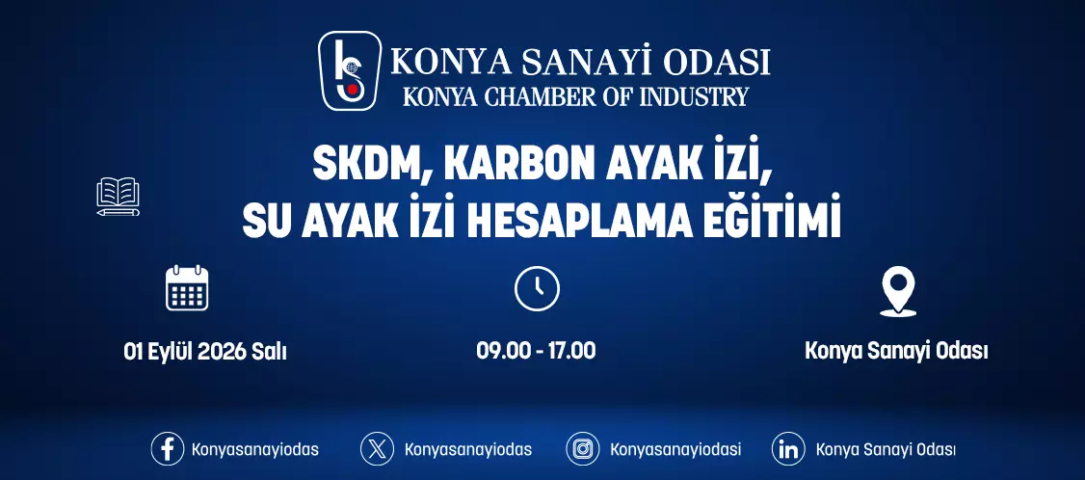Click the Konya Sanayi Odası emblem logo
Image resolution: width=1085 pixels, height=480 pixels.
(x=350, y=70)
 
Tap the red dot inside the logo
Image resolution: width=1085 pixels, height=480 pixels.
(x=353, y=89)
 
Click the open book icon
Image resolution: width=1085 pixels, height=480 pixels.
(x=118, y=197)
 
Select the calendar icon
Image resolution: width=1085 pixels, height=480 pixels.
(x=187, y=287)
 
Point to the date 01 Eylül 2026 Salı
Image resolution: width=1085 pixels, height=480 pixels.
(x=205, y=352)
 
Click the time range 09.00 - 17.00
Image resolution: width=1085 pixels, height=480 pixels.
(x=536, y=351)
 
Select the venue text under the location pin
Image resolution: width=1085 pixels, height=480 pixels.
(x=896, y=351)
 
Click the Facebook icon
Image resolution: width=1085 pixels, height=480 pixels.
(x=168, y=449)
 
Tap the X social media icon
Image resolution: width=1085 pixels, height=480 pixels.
(x=377, y=449)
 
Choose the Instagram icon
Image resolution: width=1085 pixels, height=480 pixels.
(x=583, y=449)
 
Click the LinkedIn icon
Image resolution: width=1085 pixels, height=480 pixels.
(x=788, y=449)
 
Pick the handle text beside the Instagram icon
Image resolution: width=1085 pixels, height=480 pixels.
(x=675, y=449)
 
